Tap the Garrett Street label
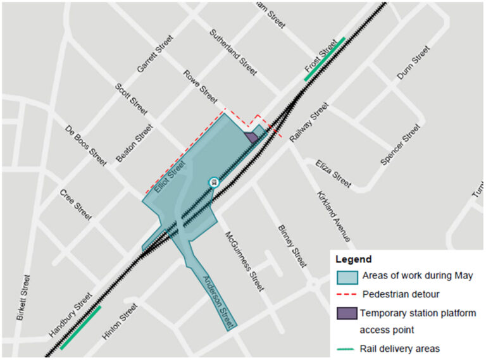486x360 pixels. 154,54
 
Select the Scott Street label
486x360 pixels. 131,99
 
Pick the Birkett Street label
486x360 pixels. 24,298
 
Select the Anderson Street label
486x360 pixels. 219,301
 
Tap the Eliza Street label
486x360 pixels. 333,173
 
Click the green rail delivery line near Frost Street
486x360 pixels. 325,59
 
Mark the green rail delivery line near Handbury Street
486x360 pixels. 81,327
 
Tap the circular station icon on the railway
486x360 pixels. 214,182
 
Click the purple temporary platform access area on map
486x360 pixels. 251,137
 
